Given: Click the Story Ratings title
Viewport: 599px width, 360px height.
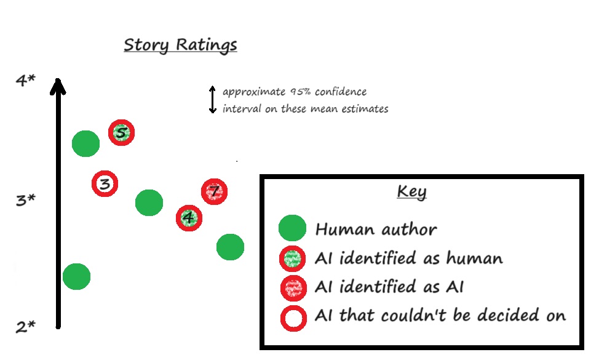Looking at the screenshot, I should tap(180, 46).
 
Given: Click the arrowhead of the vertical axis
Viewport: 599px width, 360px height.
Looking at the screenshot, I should tap(58, 86).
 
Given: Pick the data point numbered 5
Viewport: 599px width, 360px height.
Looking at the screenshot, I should tap(122, 132).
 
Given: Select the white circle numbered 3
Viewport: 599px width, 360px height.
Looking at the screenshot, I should tap(105, 183).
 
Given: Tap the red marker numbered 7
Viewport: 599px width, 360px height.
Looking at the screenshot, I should tap(214, 192).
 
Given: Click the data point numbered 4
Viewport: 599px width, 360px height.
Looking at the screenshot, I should tap(189, 217).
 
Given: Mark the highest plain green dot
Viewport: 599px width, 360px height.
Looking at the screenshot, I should tap(86, 143).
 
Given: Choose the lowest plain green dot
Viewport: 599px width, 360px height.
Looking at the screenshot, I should tap(77, 276).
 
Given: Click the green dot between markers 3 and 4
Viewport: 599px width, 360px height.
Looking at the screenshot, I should tap(149, 202).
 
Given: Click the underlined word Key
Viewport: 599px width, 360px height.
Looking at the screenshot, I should tap(411, 191).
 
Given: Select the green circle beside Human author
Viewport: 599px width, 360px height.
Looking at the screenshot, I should tap(292, 228).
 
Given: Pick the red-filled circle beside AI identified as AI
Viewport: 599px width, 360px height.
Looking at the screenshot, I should tap(292, 287).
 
